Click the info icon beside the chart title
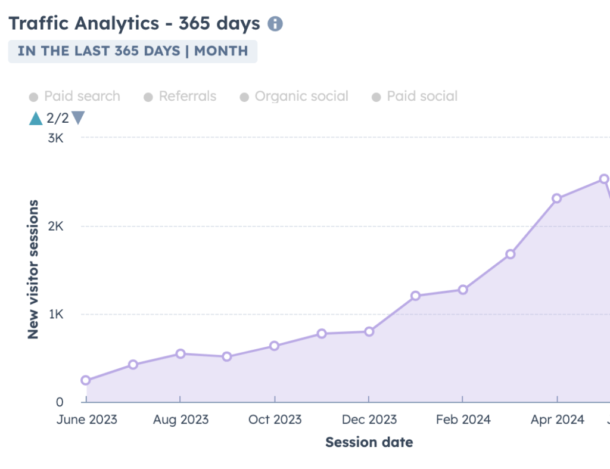pyautogui.click(x=275, y=24)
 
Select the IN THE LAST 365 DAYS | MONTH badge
pyautogui.click(x=132, y=51)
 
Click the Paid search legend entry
pyautogui.click(x=74, y=97)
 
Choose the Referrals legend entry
pyautogui.click(x=180, y=97)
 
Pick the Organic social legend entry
pyautogui.click(x=294, y=97)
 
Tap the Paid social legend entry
pyautogui.click(x=415, y=97)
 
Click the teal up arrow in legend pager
pyautogui.click(x=36, y=118)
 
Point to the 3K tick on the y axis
pyautogui.click(x=55, y=138)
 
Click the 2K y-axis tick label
pyautogui.click(x=55, y=226)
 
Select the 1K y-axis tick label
pyautogui.click(x=55, y=315)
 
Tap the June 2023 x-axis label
pyautogui.click(x=87, y=420)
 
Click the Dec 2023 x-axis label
pyautogui.click(x=369, y=420)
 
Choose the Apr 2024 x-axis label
pyautogui.click(x=558, y=420)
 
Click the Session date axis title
pyautogui.click(x=369, y=442)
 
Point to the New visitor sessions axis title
pyautogui.click(x=33, y=269)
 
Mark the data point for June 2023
pyautogui.click(x=86, y=380)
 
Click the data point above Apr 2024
pyautogui.click(x=557, y=198)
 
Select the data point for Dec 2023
pyautogui.click(x=369, y=331)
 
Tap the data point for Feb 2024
pyautogui.click(x=463, y=290)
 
